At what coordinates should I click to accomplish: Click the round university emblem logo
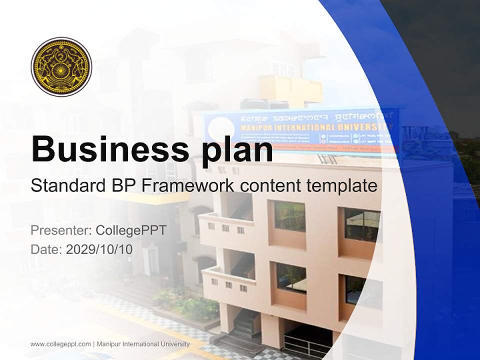coord(61,66)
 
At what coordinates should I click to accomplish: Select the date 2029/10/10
coord(99,249)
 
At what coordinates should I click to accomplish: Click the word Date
coord(45,249)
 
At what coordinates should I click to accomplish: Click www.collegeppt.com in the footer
coord(60,344)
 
